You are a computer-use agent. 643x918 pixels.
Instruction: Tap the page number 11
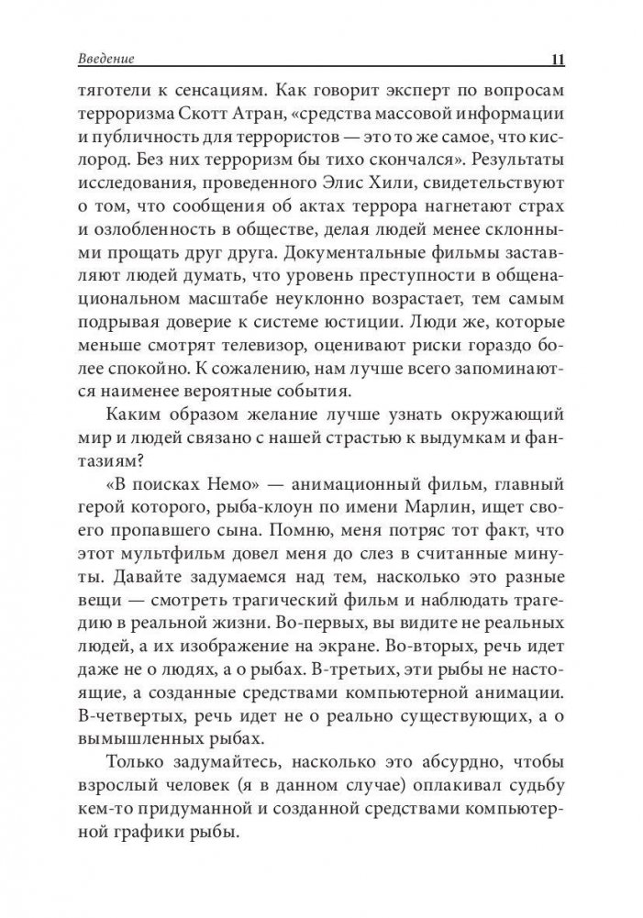point(557,61)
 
